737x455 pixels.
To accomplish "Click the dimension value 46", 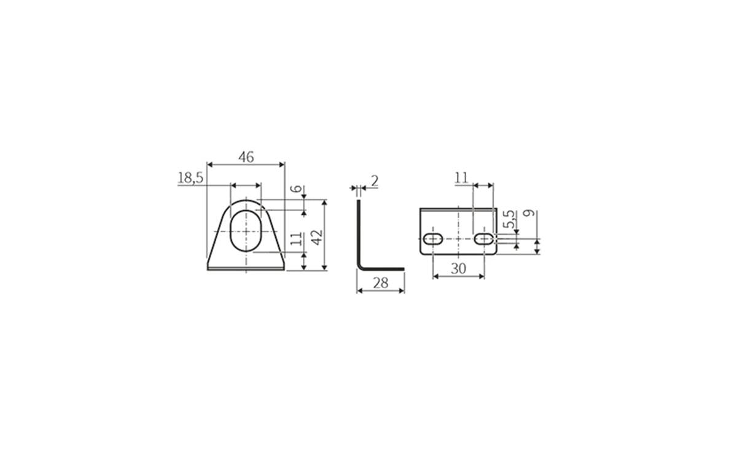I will point(246,157).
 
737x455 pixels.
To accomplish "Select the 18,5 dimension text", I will point(190,178).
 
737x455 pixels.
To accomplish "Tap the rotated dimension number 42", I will point(317,236).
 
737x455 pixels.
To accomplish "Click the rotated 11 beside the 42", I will point(297,239).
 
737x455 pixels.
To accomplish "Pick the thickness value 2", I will point(375,181).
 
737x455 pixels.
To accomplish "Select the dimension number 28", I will point(381,283).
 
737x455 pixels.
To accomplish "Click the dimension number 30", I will point(458,269).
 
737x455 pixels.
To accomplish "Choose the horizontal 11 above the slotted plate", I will point(462,177).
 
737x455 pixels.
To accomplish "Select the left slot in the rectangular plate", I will point(433,238).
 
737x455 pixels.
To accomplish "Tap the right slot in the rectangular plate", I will point(485,238).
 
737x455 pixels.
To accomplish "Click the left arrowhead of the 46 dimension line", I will point(209,165).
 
